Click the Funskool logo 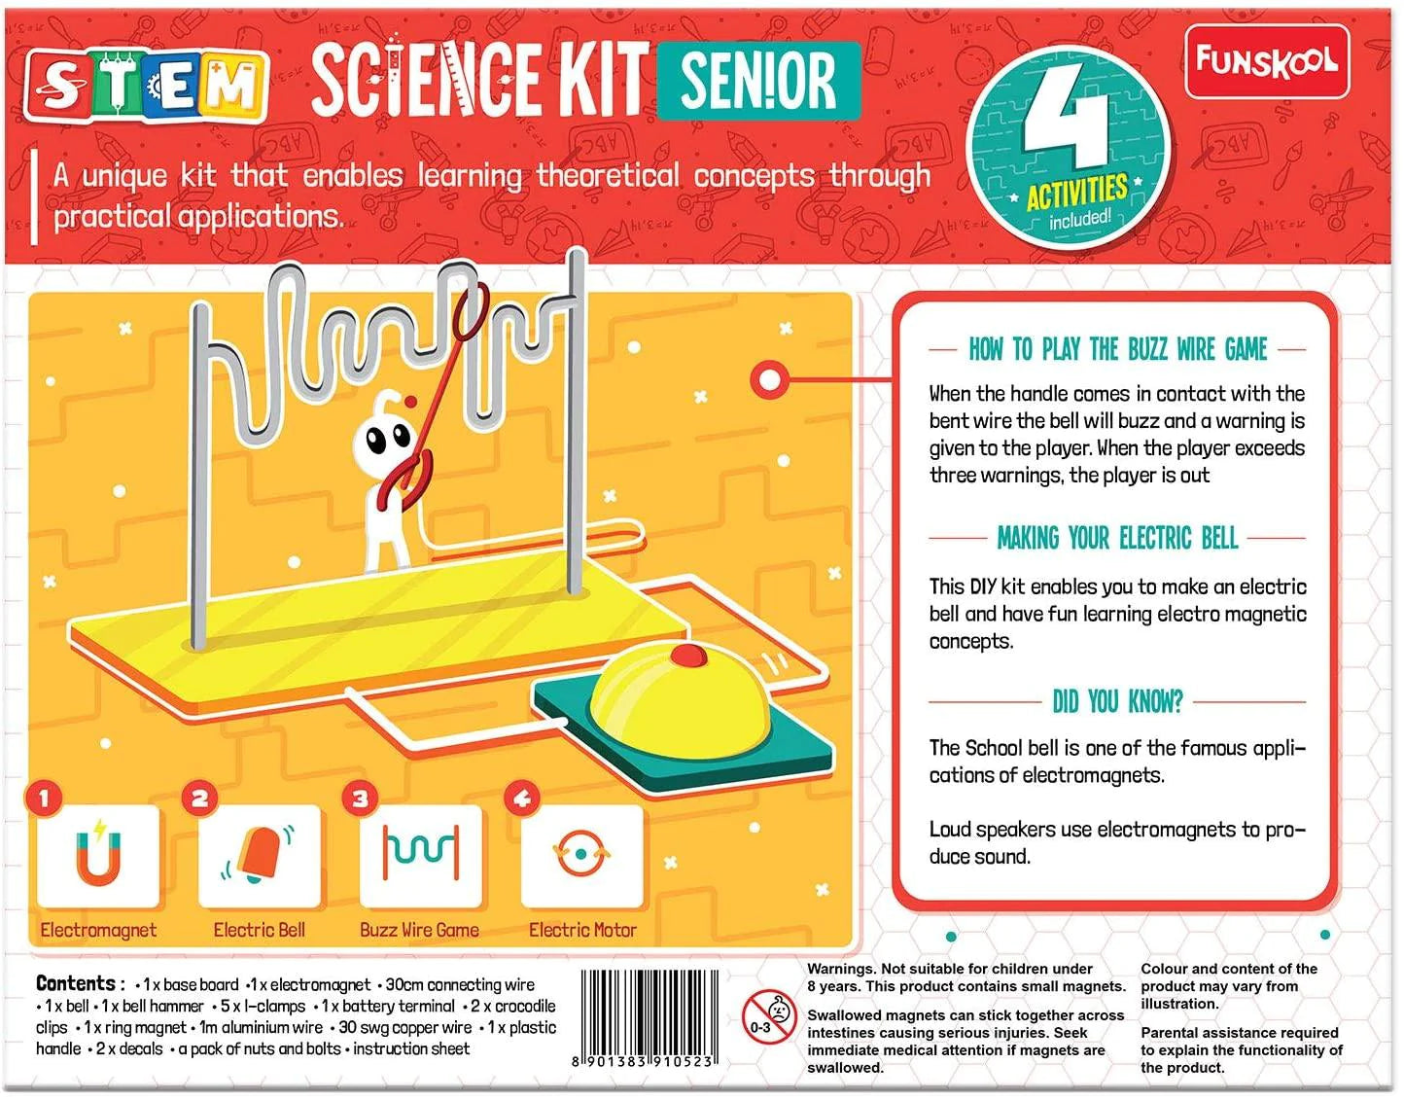click(1266, 61)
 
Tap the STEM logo click(146, 86)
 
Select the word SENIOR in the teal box click(758, 81)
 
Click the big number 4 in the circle click(1066, 122)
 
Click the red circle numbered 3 click(360, 799)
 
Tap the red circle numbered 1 click(44, 799)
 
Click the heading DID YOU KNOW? click(1117, 701)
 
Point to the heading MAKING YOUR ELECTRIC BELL click(1117, 538)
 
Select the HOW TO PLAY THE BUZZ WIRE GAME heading click(1117, 349)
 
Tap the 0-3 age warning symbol click(769, 1016)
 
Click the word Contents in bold click(76, 983)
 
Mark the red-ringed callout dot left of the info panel click(769, 379)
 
